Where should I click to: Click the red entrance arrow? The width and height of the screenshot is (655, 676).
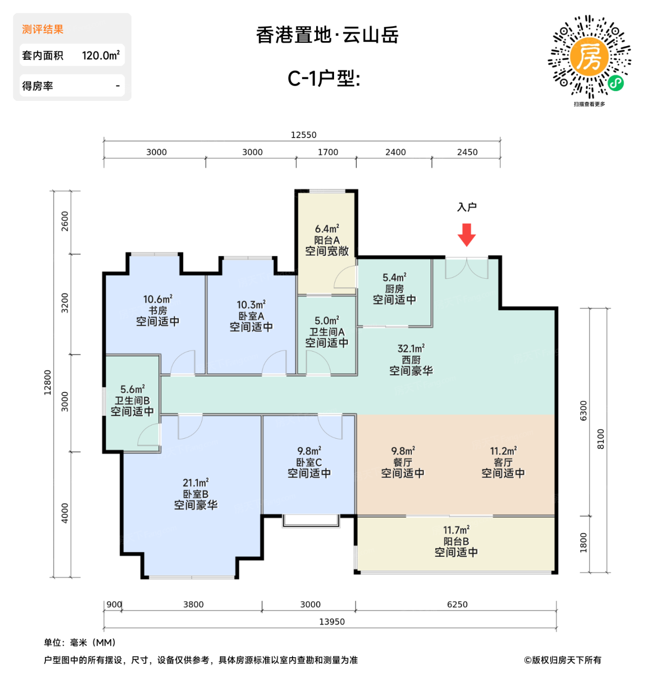[466, 235]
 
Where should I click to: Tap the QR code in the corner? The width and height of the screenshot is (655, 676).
[589, 57]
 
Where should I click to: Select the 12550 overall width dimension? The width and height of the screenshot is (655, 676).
[304, 135]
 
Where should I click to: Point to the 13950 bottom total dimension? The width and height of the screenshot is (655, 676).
[332, 622]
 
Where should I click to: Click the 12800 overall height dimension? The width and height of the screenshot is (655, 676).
[47, 382]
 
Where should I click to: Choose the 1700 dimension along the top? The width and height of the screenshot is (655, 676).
[328, 152]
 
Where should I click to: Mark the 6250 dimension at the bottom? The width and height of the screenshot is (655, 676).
[457, 605]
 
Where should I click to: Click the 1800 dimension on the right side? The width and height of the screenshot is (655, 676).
[584, 543]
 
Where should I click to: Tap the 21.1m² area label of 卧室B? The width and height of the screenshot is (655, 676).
[195, 483]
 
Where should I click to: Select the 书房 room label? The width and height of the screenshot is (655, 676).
[158, 310]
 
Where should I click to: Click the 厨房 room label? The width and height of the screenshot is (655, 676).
[394, 289]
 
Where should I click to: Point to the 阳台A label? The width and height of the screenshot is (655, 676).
[327, 240]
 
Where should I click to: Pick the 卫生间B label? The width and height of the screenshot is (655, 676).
[132, 401]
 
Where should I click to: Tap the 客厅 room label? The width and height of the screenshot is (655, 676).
[503, 462]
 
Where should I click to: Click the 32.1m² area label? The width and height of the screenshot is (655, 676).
[411, 349]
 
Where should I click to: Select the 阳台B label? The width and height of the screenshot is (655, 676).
[456, 541]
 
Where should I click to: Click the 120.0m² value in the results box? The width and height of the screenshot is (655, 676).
[100, 56]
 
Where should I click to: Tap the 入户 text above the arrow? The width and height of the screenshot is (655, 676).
[467, 207]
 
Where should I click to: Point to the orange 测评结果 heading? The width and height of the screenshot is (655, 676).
[42, 29]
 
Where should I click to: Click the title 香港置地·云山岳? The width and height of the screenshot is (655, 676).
[327, 35]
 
